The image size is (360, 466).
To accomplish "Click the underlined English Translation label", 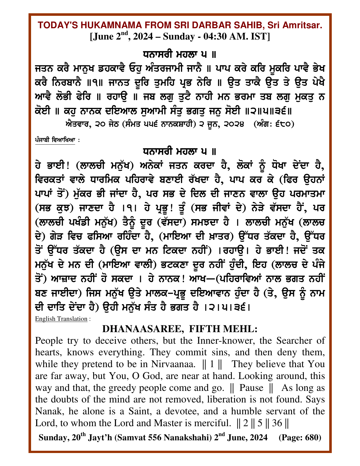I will pyautogui.click(x=61, y=319).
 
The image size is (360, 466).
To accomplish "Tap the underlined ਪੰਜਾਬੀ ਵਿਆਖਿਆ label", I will pyautogui.click(x=55, y=140).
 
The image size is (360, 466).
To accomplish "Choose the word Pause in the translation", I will pyautogui.click(x=251, y=388).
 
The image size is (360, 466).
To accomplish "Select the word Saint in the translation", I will pyautogui.click(x=139, y=411).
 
